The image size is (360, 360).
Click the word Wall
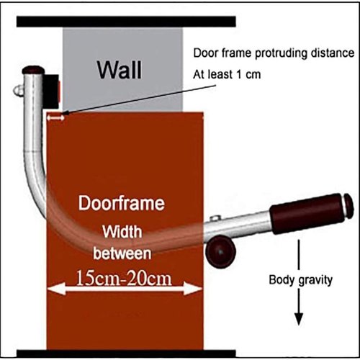tap(120, 70)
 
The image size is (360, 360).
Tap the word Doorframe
tap(122, 204)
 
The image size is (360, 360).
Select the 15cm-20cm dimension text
tap(124, 278)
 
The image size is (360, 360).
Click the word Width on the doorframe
tap(122, 232)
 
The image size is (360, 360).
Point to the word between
tap(122, 253)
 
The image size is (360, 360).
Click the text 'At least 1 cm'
tap(227, 74)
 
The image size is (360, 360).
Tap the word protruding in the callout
tap(281, 53)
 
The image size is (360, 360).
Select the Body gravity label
tap(300, 280)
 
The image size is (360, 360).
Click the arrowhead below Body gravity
tap(299, 319)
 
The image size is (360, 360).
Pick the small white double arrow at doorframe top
tap(55, 118)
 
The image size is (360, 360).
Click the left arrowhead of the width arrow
tap(56, 289)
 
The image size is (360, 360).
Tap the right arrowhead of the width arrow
tap(193, 289)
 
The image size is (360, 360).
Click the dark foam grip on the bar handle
tap(307, 214)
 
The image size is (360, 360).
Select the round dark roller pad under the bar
tap(220, 251)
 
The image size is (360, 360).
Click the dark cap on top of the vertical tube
tap(33, 70)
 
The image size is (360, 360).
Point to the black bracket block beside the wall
tap(51, 91)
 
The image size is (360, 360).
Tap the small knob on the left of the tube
tap(18, 91)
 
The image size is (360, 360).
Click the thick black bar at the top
tap(126, 22)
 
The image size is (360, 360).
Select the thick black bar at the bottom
tap(126, 354)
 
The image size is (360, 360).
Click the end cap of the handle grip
tap(348, 206)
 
